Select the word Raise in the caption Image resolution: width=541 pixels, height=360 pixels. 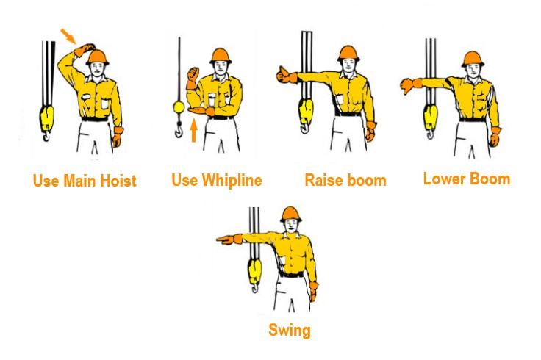click(x=323, y=180)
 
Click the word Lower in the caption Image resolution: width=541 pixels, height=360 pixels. click(x=443, y=179)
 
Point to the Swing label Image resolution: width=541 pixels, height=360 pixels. click(x=290, y=331)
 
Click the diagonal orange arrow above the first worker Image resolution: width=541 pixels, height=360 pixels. click(x=68, y=36)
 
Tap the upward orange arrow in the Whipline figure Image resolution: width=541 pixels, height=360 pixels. click(x=194, y=130)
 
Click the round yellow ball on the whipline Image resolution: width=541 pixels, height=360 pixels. click(x=179, y=107)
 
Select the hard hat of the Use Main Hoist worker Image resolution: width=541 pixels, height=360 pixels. click(x=98, y=57)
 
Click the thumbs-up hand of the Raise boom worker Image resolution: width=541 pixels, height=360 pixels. click(x=286, y=75)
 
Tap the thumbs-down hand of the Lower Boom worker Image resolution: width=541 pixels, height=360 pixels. click(x=410, y=85)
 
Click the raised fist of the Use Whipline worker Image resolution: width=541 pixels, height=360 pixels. click(x=193, y=74)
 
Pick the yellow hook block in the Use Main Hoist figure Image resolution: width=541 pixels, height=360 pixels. click(x=46, y=118)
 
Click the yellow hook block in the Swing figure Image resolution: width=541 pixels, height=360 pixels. click(x=254, y=272)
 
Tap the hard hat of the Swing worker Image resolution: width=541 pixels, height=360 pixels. click(x=291, y=214)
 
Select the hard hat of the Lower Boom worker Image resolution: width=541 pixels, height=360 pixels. click(x=473, y=59)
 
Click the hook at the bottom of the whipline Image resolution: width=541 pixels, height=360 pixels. click(x=179, y=130)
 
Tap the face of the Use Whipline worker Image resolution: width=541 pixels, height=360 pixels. click(x=221, y=68)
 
